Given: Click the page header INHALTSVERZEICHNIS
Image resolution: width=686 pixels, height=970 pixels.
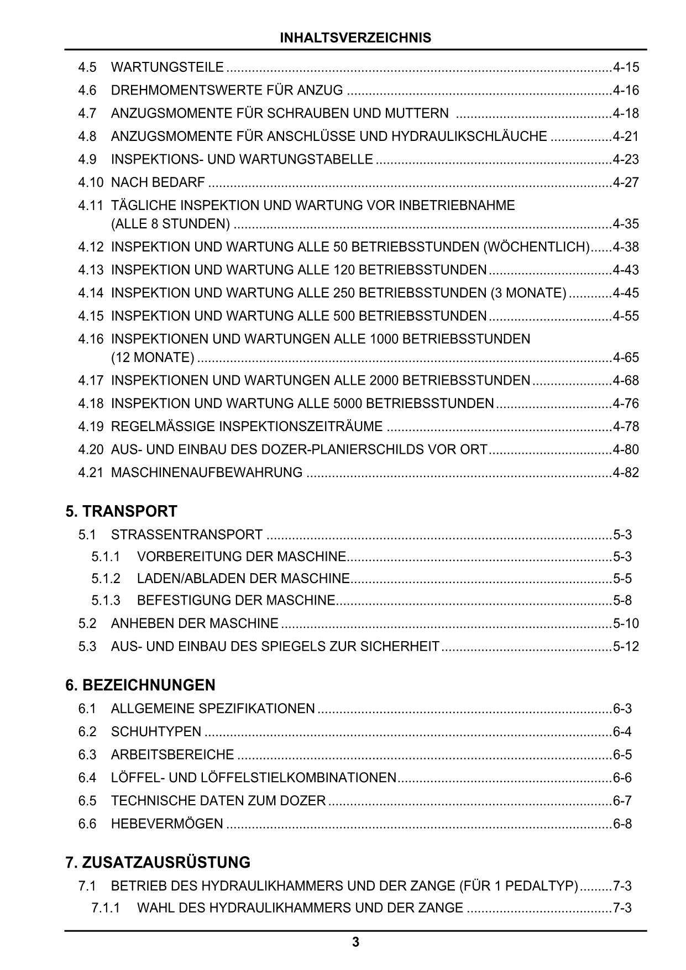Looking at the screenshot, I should coord(355,38).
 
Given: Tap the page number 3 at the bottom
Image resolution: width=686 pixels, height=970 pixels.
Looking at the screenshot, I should coord(355,942).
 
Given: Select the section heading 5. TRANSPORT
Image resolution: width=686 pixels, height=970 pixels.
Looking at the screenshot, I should coord(121,511).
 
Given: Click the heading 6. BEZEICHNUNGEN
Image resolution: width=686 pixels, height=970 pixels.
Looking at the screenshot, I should coord(140,685).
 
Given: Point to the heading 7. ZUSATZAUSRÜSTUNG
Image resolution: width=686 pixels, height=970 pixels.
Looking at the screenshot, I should coord(158,862).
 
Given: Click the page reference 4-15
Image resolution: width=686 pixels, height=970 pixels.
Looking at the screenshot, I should coord(626,67).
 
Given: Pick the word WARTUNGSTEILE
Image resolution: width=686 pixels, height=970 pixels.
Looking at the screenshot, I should coord(167,67).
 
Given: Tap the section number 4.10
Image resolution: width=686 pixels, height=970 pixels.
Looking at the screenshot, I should coord(91,182).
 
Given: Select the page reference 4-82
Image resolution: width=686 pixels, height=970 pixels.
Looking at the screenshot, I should coord(626,473).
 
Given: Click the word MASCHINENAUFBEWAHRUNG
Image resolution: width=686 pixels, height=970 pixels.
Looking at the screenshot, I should coord(207,473).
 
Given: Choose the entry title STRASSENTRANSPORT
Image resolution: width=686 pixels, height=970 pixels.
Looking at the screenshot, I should coord(187,535).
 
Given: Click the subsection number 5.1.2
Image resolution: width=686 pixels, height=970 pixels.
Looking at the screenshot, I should coord(106,579).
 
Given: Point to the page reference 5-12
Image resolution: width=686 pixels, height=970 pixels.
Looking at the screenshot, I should coord(626,646).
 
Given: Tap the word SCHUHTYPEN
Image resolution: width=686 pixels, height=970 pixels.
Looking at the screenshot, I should coord(156,732).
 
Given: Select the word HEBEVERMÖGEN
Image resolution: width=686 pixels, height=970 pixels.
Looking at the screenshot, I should coord(167,824).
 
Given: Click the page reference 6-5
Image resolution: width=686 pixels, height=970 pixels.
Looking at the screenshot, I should coord(622,755).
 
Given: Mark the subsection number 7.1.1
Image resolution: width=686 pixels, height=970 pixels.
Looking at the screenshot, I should coord(106,908).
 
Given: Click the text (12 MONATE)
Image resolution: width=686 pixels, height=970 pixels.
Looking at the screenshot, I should coord(153,358).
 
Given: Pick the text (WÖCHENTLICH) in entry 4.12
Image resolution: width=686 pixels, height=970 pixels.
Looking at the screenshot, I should coord(537,247).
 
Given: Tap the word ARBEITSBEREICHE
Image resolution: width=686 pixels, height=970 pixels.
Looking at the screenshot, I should coord(172,755).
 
